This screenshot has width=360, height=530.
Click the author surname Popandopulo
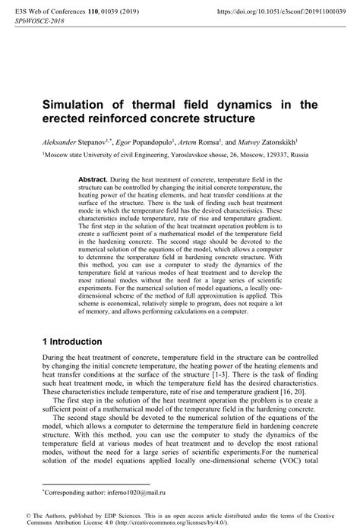pyautogui.click(x=163, y=140)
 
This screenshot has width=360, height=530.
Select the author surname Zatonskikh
pyautogui.click(x=295, y=140)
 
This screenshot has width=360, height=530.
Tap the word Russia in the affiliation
pyautogui.click(x=298, y=153)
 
